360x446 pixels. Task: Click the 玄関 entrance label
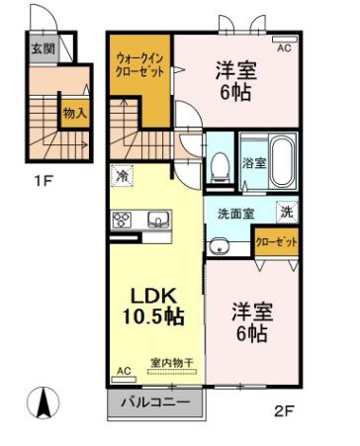click(x=43, y=49)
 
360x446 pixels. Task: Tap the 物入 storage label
click(x=75, y=114)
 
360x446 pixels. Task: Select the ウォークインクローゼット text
click(x=139, y=65)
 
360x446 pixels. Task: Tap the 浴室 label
click(x=254, y=162)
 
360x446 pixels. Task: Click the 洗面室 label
click(x=236, y=214)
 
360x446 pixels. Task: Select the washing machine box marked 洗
click(x=287, y=212)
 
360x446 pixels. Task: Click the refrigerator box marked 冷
click(x=122, y=175)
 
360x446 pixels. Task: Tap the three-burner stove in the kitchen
click(x=122, y=220)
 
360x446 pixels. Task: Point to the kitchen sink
click(x=158, y=220)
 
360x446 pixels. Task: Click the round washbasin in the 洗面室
click(x=219, y=246)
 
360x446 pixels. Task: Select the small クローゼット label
click(x=277, y=242)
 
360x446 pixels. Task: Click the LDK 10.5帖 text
click(x=153, y=307)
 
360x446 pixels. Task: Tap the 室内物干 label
click(x=171, y=363)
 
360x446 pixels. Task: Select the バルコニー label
click(x=155, y=402)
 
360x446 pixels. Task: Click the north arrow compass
click(x=43, y=401)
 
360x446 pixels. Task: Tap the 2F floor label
click(x=284, y=410)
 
